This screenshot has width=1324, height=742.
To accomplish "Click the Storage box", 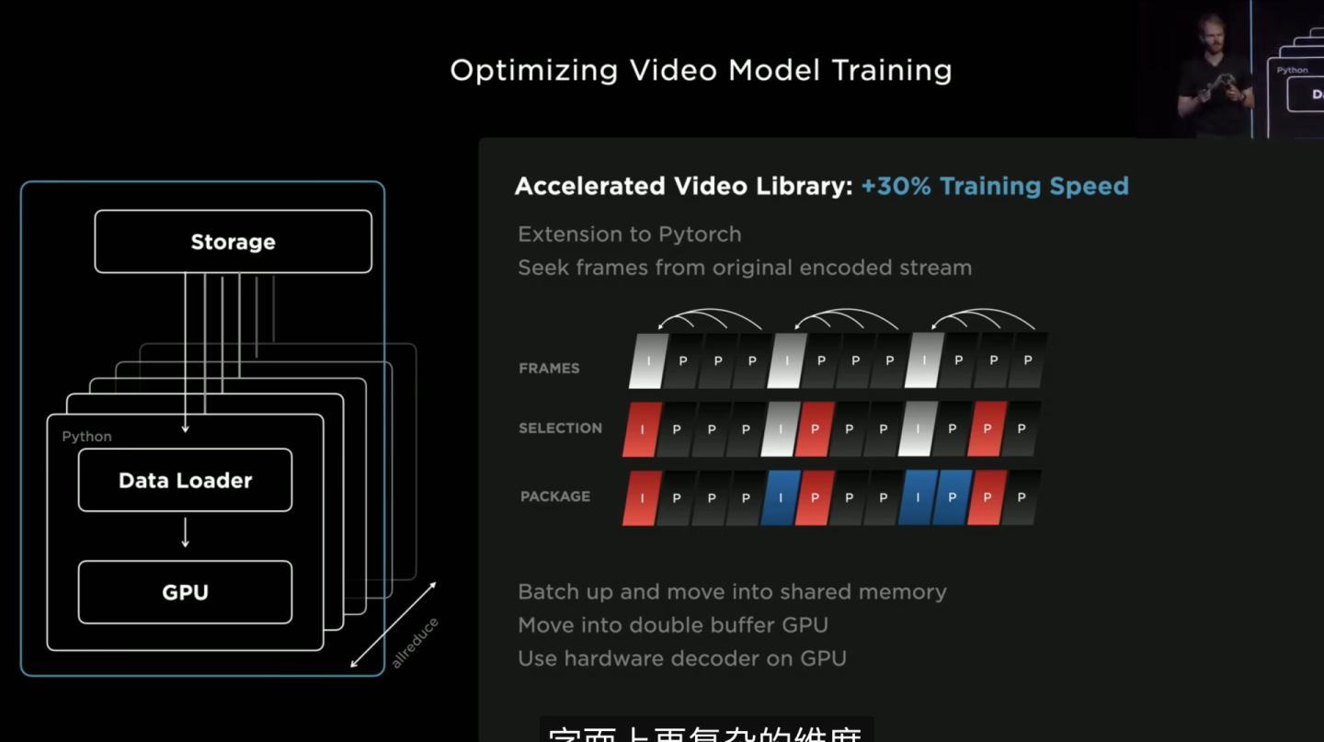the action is (233, 242).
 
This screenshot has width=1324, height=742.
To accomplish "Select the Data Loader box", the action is (185, 480).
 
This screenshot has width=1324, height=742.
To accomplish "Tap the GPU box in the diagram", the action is (185, 592).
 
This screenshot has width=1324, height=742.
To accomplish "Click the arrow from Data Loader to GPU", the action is (185, 533).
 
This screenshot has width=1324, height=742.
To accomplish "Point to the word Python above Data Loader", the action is (86, 437).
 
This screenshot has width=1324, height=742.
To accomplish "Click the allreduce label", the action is (415, 643).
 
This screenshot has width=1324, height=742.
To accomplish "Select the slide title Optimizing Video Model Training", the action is (701, 71).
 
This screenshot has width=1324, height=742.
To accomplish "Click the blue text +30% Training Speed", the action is (994, 187).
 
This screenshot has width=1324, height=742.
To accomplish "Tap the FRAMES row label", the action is (549, 369).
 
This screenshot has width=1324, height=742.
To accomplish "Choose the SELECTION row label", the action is (560, 428).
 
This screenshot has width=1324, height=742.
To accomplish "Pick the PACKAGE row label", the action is (555, 497).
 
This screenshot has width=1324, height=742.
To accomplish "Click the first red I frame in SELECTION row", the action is (642, 429).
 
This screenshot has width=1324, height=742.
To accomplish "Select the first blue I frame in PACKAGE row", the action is (780, 497).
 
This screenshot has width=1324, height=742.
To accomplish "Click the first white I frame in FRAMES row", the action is (647, 360).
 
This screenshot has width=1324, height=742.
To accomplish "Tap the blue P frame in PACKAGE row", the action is (952, 497).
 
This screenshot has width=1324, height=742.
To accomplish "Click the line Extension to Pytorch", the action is (629, 234).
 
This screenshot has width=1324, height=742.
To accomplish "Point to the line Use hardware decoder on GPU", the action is (681, 658).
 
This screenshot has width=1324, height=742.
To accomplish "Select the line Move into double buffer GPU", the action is (672, 625).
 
